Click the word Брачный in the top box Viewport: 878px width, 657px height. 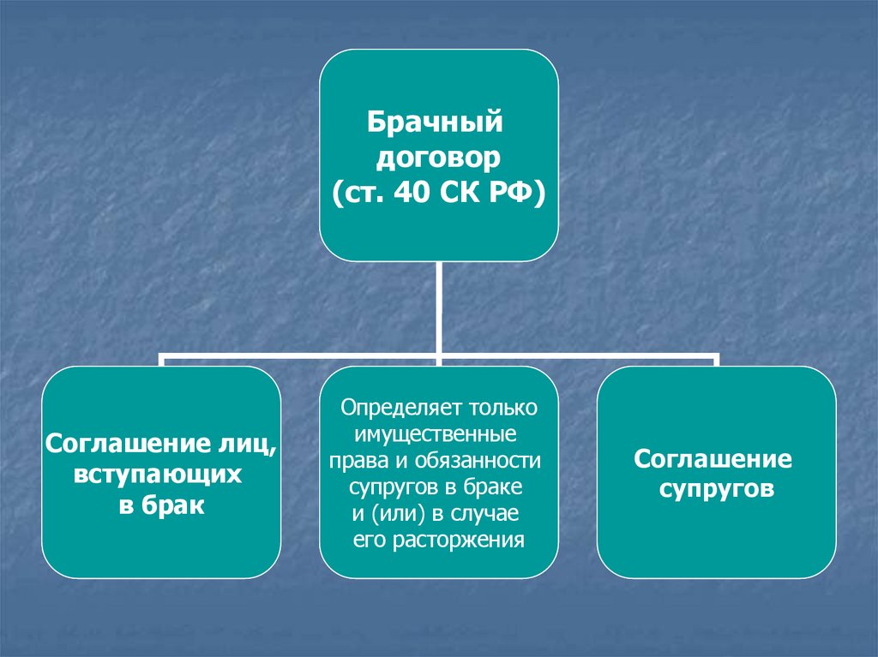(434, 123)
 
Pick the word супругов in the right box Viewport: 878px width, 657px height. (717, 491)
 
